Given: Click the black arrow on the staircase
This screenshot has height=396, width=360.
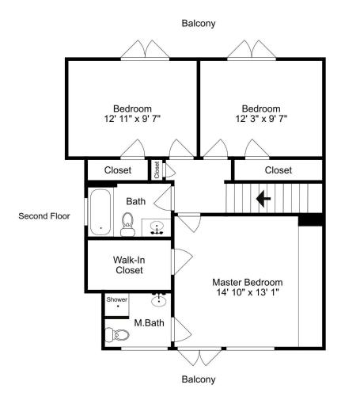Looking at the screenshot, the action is click(x=263, y=199).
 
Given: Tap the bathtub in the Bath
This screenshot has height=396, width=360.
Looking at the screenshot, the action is click(x=100, y=212).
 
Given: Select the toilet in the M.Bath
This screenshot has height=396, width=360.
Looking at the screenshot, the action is click(x=117, y=335).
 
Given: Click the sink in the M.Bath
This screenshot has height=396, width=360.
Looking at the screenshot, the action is click(x=159, y=299).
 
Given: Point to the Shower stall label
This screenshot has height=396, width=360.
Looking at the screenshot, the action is click(x=117, y=299).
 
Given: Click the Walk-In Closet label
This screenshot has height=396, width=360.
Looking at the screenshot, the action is click(x=129, y=265).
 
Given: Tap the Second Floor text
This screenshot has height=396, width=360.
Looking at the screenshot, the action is click(x=44, y=216).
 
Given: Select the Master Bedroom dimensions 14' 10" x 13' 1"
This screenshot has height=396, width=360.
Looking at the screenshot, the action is click(x=248, y=292).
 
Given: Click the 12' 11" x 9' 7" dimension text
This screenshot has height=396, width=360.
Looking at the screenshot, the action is click(x=132, y=119).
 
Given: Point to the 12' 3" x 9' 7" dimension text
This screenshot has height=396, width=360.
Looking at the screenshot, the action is click(x=261, y=119).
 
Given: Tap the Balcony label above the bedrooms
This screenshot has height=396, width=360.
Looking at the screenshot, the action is click(x=199, y=23).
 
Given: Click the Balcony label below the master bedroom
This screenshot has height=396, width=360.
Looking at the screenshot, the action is click(x=199, y=379).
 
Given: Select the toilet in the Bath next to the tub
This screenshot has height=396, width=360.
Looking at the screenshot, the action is click(x=127, y=225).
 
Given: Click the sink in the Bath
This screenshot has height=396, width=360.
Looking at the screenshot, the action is click(x=157, y=228).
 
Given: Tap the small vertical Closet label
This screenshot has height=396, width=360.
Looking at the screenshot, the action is click(x=157, y=170).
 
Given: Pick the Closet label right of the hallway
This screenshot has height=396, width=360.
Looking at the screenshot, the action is click(x=279, y=170).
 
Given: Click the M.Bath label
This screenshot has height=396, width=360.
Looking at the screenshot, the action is click(x=149, y=323).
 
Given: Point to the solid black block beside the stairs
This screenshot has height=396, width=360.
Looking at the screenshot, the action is click(x=310, y=219).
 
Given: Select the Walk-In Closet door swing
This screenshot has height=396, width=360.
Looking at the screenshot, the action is click(x=182, y=261).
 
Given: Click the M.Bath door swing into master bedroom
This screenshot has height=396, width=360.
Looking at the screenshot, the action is click(x=181, y=330).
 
